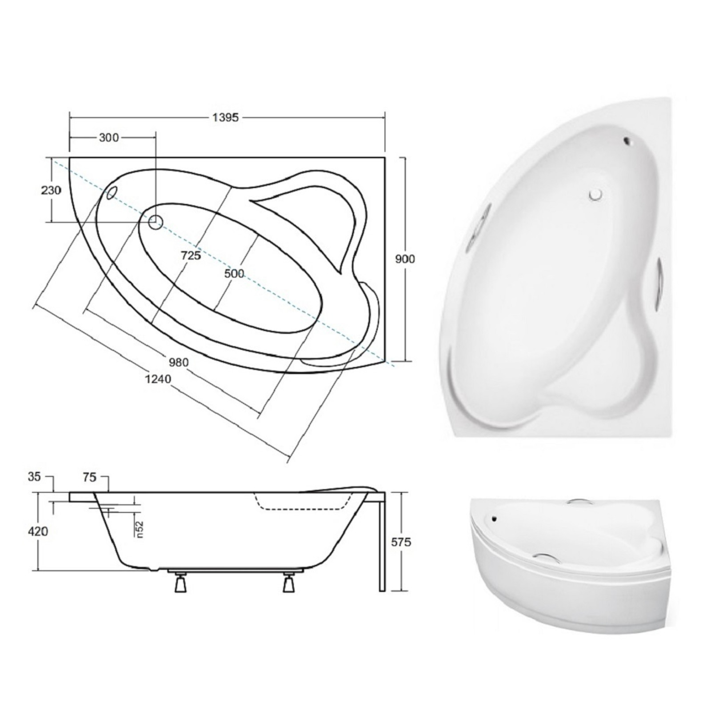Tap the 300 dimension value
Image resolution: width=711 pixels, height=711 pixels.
pos(109,138)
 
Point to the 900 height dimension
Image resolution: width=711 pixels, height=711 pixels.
pos(405,259)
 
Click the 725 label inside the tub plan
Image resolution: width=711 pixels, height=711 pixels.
pos(191,255)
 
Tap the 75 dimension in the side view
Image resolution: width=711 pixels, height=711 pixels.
pos(89,477)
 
